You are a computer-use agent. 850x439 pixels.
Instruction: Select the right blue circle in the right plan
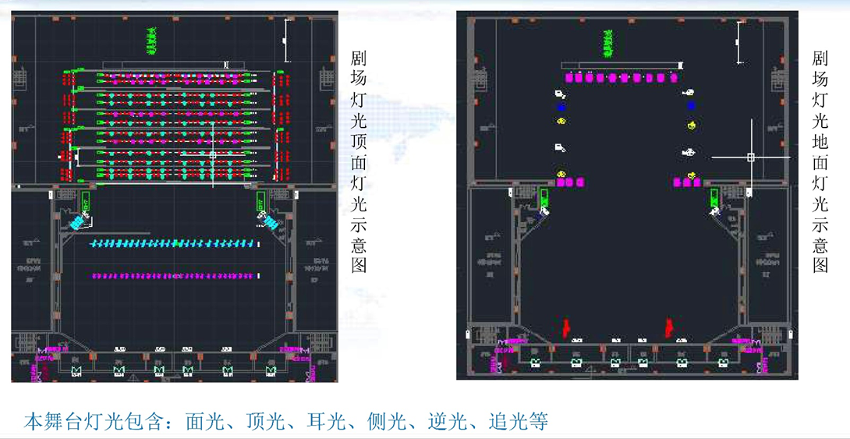690,106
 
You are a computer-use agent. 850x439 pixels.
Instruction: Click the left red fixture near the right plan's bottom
567,327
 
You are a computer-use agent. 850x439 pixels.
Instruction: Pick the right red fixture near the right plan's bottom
668,327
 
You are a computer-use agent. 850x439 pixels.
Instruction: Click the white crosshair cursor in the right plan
751,158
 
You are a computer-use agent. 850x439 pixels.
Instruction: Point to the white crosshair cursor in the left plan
212,155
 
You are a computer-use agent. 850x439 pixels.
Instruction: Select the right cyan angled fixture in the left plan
271,223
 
